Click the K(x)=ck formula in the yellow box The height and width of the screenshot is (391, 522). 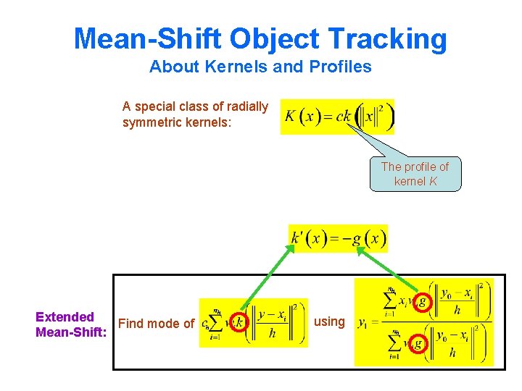(337, 117)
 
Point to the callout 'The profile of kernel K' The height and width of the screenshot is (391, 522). (415, 174)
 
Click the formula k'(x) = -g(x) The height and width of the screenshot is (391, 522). (338, 238)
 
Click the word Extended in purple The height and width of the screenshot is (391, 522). (65, 316)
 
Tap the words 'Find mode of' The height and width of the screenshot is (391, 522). (156, 324)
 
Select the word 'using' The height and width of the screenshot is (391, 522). (329, 321)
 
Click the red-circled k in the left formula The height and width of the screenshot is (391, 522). (239, 323)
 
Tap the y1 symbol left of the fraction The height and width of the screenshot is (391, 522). (362, 323)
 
